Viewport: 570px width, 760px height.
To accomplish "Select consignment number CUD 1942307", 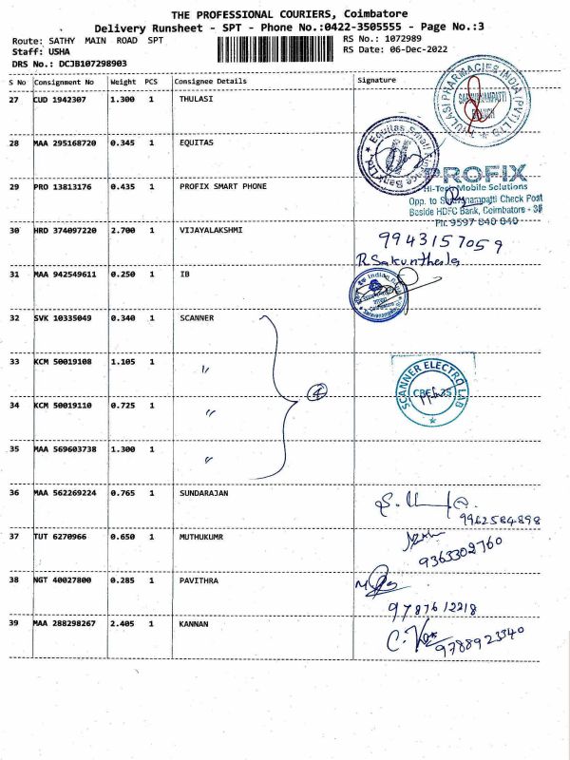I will tap(64, 99).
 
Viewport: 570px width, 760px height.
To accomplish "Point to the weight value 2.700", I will tap(122, 230).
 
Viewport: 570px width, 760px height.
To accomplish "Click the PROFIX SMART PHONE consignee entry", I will tap(222, 186).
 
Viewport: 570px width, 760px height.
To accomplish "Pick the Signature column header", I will tap(376, 81).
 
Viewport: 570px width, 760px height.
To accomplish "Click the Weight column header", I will tap(123, 82).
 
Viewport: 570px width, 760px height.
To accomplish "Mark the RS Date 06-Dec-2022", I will tap(397, 48).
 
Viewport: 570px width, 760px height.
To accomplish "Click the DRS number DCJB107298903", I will tap(79, 63).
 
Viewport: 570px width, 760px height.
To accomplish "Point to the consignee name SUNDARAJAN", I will tap(203, 493).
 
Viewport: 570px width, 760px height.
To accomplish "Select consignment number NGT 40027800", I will tap(65, 579).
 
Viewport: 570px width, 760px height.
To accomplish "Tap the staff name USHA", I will tap(58, 52).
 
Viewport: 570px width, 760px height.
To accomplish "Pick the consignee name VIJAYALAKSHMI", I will tap(210, 230).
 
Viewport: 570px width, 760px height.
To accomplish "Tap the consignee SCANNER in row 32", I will tap(196, 317).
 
